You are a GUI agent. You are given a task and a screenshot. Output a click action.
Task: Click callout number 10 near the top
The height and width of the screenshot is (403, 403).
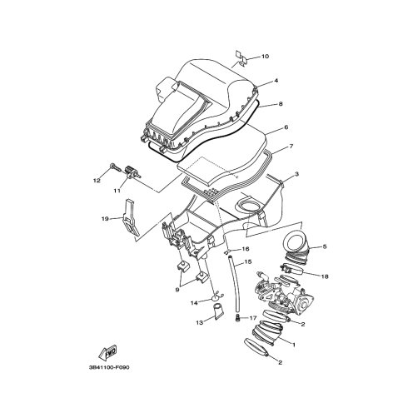(x=265, y=57)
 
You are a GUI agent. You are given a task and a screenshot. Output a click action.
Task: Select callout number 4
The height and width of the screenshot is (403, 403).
(x=276, y=81)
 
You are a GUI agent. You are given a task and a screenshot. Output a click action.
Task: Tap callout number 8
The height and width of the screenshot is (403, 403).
(x=281, y=104)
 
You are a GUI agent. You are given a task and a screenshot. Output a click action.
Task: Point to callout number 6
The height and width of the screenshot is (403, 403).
(x=286, y=127)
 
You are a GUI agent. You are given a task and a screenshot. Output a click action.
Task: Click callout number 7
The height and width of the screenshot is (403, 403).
(x=291, y=146)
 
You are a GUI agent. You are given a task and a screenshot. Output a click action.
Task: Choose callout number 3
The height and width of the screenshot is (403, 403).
(x=296, y=174)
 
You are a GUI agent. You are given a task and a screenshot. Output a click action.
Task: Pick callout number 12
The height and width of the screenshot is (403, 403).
(x=97, y=181)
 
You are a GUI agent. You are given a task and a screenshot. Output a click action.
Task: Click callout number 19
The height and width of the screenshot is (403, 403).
(x=105, y=219)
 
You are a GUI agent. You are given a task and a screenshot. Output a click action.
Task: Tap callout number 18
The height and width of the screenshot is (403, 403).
(x=325, y=276)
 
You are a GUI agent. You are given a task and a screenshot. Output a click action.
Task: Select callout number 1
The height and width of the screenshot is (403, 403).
(x=294, y=345)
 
